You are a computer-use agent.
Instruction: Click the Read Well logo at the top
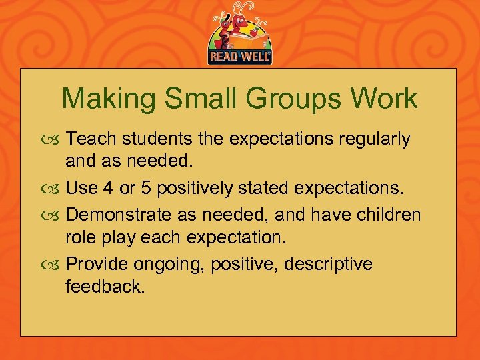tap(240, 35)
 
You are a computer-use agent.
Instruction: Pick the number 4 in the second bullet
tap(107, 189)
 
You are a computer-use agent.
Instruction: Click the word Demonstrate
tap(124, 215)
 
